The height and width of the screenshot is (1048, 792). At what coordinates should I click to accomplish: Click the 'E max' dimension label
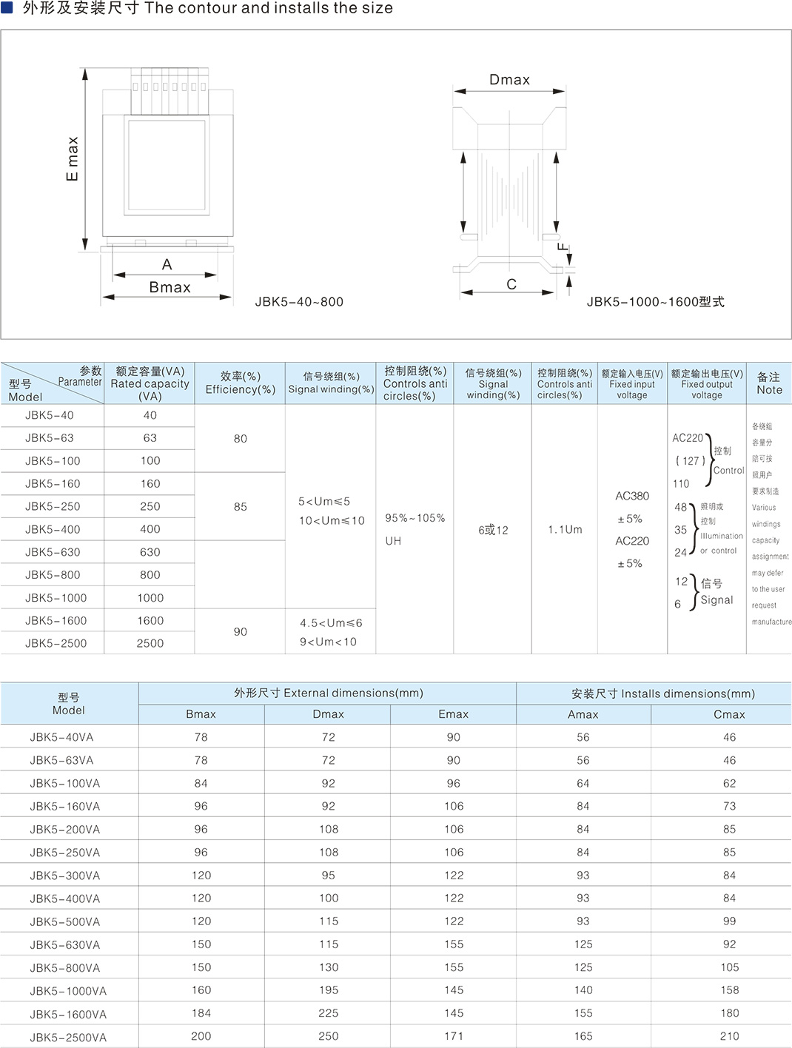coord(72,158)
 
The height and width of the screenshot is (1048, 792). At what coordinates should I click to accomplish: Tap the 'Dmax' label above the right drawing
coord(509,80)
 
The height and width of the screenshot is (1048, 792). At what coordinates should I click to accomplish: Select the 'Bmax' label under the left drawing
coord(170,287)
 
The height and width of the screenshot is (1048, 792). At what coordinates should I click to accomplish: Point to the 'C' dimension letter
coord(511,284)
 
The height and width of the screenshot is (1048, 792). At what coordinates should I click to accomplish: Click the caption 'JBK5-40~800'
coord(299,302)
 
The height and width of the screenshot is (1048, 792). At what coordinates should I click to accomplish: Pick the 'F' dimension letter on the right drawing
coord(563,246)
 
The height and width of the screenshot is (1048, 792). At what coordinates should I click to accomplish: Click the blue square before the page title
coord(7,7)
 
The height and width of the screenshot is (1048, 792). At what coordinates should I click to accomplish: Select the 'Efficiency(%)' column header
coord(241,383)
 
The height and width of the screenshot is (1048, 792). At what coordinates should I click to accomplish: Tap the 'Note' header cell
coord(769,383)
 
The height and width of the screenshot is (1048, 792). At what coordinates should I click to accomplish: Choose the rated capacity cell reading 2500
coord(150,643)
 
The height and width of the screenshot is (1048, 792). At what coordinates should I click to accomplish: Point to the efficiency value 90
coord(241,631)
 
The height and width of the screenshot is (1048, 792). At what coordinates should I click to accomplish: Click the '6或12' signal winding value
coord(493,530)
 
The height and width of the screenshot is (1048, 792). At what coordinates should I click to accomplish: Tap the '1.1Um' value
coord(565,529)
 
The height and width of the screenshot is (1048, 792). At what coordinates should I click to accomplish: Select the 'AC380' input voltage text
coord(632,496)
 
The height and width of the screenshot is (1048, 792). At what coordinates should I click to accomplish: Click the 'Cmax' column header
coord(729,714)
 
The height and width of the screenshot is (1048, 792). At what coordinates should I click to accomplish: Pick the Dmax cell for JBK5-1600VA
coord(329,1013)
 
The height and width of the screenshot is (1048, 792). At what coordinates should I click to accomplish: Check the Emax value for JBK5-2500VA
coord(454,1036)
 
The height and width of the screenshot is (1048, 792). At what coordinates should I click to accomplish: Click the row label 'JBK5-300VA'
coord(65,876)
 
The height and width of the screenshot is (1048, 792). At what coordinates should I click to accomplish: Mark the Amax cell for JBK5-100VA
coord(583,783)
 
